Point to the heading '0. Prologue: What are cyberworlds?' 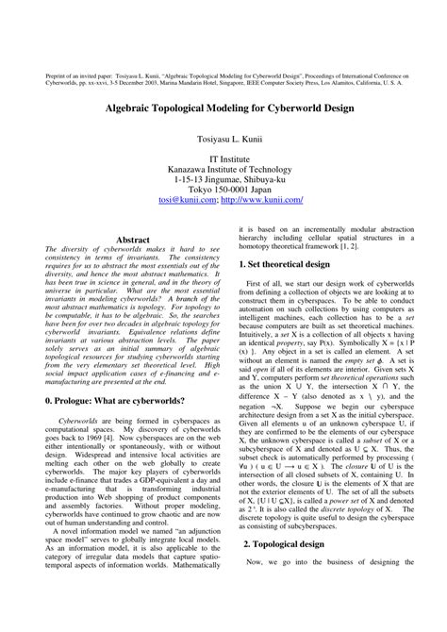click(118, 401)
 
